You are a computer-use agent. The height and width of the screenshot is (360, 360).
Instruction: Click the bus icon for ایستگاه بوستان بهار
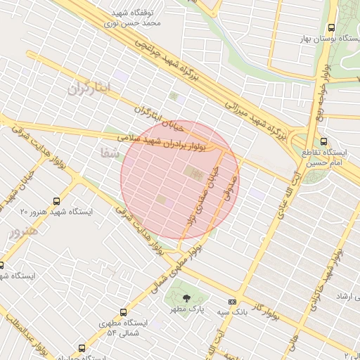[331, 27]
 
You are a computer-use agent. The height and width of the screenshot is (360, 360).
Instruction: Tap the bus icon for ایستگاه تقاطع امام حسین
[323, 141]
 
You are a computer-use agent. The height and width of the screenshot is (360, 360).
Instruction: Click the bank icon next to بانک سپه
[232, 302]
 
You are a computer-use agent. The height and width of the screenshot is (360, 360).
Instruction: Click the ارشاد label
[344, 297]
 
